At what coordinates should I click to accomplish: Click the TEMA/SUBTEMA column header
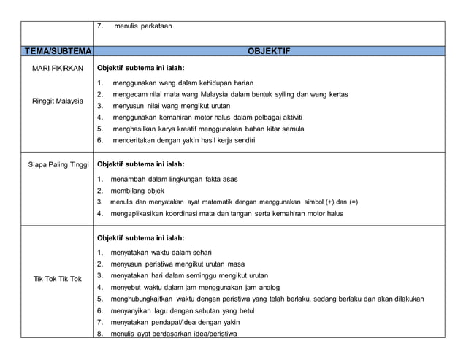(58, 52)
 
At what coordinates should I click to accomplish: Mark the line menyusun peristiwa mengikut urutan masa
(178, 264)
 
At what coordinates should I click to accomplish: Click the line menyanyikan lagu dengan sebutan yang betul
(183, 310)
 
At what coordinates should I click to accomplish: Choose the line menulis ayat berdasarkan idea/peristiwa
(174, 334)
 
